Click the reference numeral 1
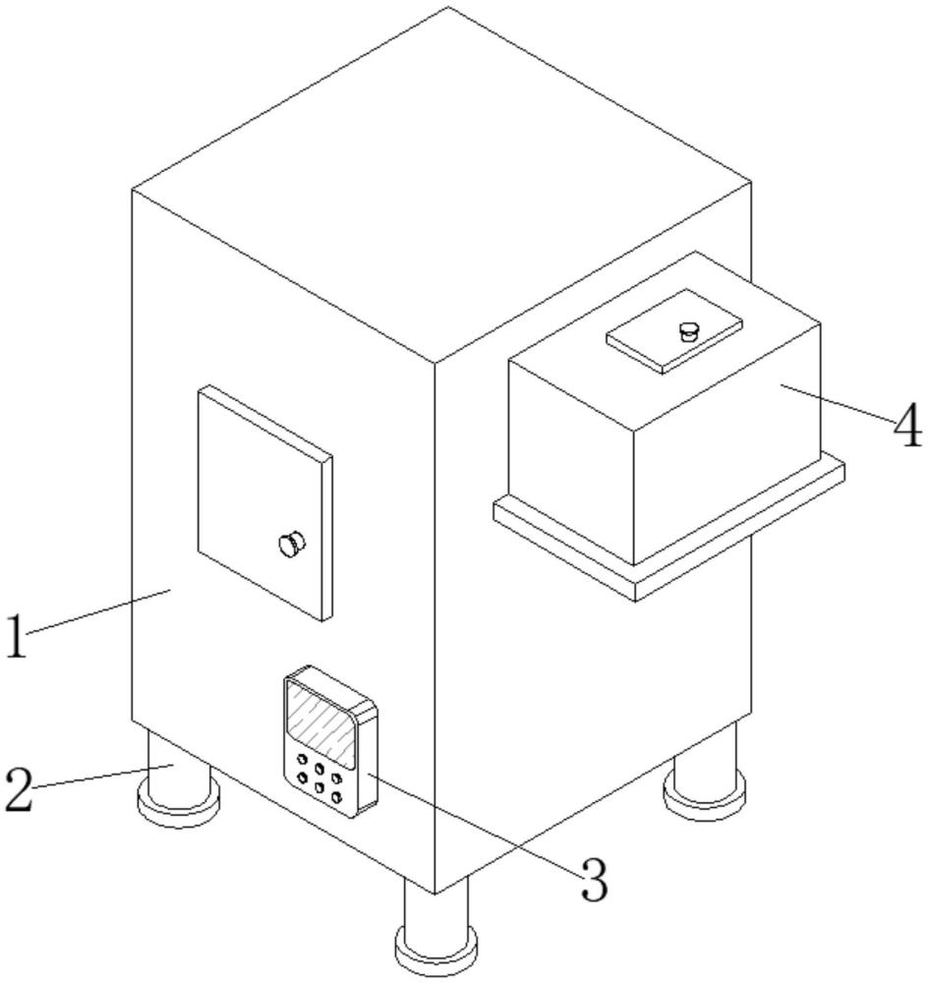17,636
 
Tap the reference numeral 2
19,789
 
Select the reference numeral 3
594,880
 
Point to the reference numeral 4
908,425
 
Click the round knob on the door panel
291,543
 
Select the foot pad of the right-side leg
706,794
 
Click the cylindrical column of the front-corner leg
435,911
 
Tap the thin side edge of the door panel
327,539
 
